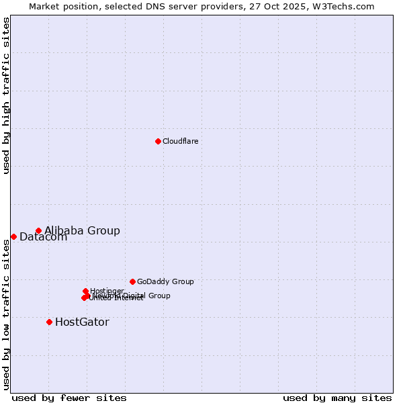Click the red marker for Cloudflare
(158, 141)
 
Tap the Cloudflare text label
(180, 141)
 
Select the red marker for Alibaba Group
(38, 230)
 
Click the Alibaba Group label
(82, 230)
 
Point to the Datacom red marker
(13, 236)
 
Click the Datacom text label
(43, 237)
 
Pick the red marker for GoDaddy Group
(132, 281)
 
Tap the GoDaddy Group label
(165, 281)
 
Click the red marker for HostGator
(49, 322)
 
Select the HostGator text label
(82, 322)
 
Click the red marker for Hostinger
(85, 291)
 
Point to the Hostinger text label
(107, 291)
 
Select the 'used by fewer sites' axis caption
(69, 398)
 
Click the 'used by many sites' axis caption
(337, 398)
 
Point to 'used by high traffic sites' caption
(6, 95)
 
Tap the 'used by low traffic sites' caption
(6, 314)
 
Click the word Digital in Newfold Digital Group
(134, 296)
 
